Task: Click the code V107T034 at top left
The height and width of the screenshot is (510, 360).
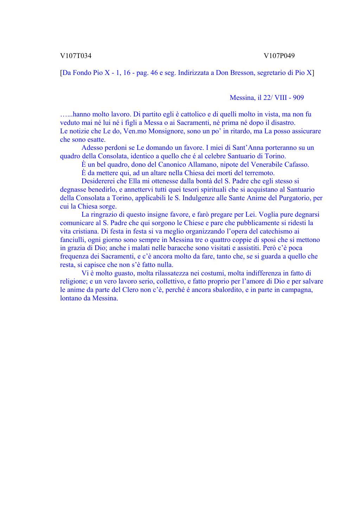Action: click(x=76, y=56)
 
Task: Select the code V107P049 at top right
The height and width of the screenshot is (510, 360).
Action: click(x=279, y=56)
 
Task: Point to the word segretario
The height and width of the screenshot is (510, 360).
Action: click(x=272, y=73)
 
